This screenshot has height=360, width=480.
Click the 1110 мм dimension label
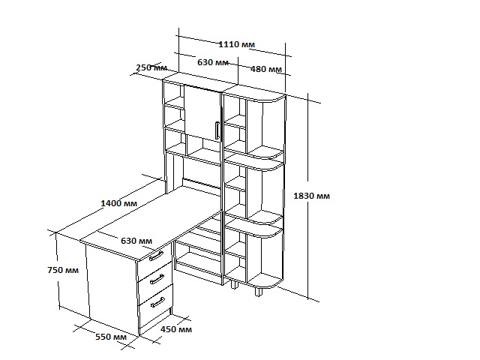236,44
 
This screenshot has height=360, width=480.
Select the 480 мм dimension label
266,69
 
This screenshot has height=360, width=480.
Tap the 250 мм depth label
151,67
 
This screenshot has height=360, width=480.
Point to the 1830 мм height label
312,196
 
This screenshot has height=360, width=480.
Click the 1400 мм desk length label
118,203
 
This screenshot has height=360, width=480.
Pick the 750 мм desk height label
63,270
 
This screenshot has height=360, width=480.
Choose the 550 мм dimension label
111,337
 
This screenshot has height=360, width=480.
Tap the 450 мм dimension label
176,329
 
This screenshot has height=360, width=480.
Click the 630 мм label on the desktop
136,241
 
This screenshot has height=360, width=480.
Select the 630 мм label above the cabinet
213,62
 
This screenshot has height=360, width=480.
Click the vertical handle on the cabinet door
217,130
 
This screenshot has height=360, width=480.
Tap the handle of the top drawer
156,256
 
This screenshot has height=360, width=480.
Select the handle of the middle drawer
157,279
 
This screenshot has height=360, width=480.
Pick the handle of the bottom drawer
157,302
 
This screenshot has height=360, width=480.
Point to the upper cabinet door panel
202,114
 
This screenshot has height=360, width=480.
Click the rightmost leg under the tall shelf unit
259,292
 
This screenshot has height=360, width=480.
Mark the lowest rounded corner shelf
265,280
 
